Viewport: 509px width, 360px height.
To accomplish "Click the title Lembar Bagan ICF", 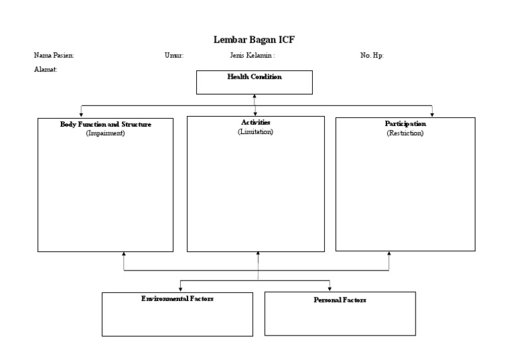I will click(254, 40).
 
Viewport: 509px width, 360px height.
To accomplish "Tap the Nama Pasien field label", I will click(54, 56).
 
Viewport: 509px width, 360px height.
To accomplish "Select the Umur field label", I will click(174, 56).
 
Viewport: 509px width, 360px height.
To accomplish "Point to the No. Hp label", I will click(372, 56).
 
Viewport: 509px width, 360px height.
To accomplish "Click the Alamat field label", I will click(46, 70).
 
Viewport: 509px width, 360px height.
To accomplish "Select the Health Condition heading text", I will click(254, 77).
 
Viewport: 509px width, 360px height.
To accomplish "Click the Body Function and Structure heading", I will click(105, 124).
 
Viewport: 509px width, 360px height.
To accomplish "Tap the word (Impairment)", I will click(105, 133).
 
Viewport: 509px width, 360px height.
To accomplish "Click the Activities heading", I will click(255, 123).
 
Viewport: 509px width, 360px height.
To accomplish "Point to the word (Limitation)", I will click(255, 132).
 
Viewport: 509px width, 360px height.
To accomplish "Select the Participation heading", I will click(405, 124).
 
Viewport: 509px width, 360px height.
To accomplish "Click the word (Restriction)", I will click(405, 133).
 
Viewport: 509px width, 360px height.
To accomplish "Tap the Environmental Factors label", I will click(177, 299).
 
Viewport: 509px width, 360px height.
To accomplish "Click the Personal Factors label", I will click(339, 300).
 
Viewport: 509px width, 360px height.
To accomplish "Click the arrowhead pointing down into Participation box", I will click(432, 114).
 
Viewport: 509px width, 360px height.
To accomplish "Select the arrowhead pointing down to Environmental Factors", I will click(180, 288).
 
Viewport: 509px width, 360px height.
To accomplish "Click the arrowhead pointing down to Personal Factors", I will click(329, 288).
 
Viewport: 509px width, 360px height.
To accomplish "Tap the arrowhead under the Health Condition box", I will click(254, 97).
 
